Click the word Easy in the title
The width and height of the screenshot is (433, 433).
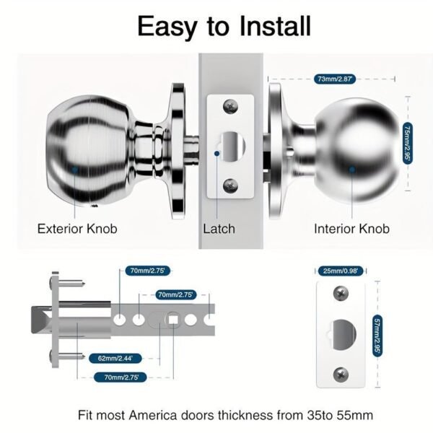pos(167,26)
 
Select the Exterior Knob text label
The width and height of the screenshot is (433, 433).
pos(77,229)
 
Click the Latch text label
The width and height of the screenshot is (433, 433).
pos(219,229)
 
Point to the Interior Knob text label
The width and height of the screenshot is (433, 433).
pos(351,229)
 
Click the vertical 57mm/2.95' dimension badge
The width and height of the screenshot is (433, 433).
pos(376,336)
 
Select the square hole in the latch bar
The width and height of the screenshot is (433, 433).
pos(174,319)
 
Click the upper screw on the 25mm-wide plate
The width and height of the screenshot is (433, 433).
pos(340,294)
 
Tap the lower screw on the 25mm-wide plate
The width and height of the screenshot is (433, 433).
pos(340,374)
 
